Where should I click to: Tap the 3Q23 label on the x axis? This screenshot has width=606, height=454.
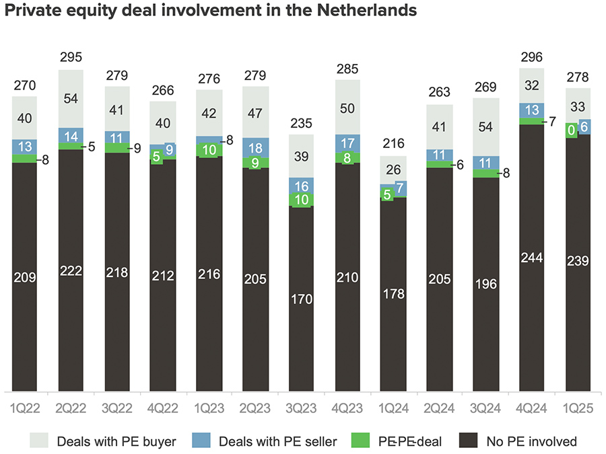pos(301,408)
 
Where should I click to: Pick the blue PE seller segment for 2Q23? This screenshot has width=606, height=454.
pos(255,148)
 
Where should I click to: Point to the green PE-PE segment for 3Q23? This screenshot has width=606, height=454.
pos(301,200)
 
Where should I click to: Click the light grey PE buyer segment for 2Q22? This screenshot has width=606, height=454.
pos(71,99)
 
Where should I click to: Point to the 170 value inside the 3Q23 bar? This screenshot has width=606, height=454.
pos(301,299)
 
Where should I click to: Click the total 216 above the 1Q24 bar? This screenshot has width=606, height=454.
pos(393,143)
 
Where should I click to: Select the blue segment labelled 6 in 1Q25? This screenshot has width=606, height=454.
pos(584,126)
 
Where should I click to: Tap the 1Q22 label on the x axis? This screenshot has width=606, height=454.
pos(25,408)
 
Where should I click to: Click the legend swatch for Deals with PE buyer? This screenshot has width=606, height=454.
pos(40,441)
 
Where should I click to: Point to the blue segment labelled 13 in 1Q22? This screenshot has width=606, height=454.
pos(25,147)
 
